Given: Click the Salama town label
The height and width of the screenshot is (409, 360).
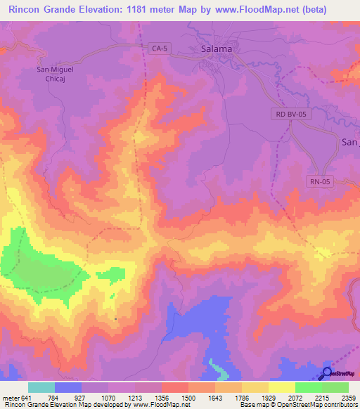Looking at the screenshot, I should (217, 50).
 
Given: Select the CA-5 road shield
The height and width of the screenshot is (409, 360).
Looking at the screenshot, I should (160, 48).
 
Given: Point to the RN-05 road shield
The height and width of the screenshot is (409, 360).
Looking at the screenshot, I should (320, 181).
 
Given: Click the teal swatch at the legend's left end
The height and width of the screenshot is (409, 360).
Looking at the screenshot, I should (41, 387).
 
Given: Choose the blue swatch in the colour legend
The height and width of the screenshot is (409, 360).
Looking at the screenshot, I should (68, 387).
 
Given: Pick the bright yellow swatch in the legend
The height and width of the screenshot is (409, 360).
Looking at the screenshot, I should (281, 387).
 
